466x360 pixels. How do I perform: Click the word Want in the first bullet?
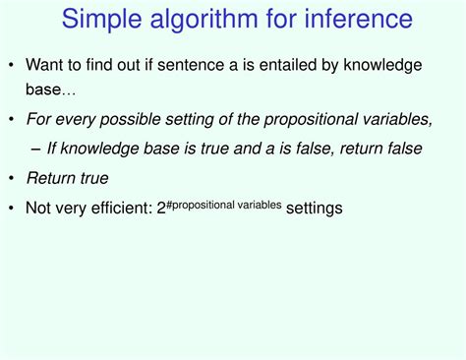pos(45,65)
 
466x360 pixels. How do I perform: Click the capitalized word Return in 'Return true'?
pos(48,178)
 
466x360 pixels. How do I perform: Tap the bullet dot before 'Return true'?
pos(12,178)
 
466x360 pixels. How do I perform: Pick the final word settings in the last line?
pos(314,209)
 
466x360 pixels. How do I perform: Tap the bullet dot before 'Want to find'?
pos(12,65)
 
